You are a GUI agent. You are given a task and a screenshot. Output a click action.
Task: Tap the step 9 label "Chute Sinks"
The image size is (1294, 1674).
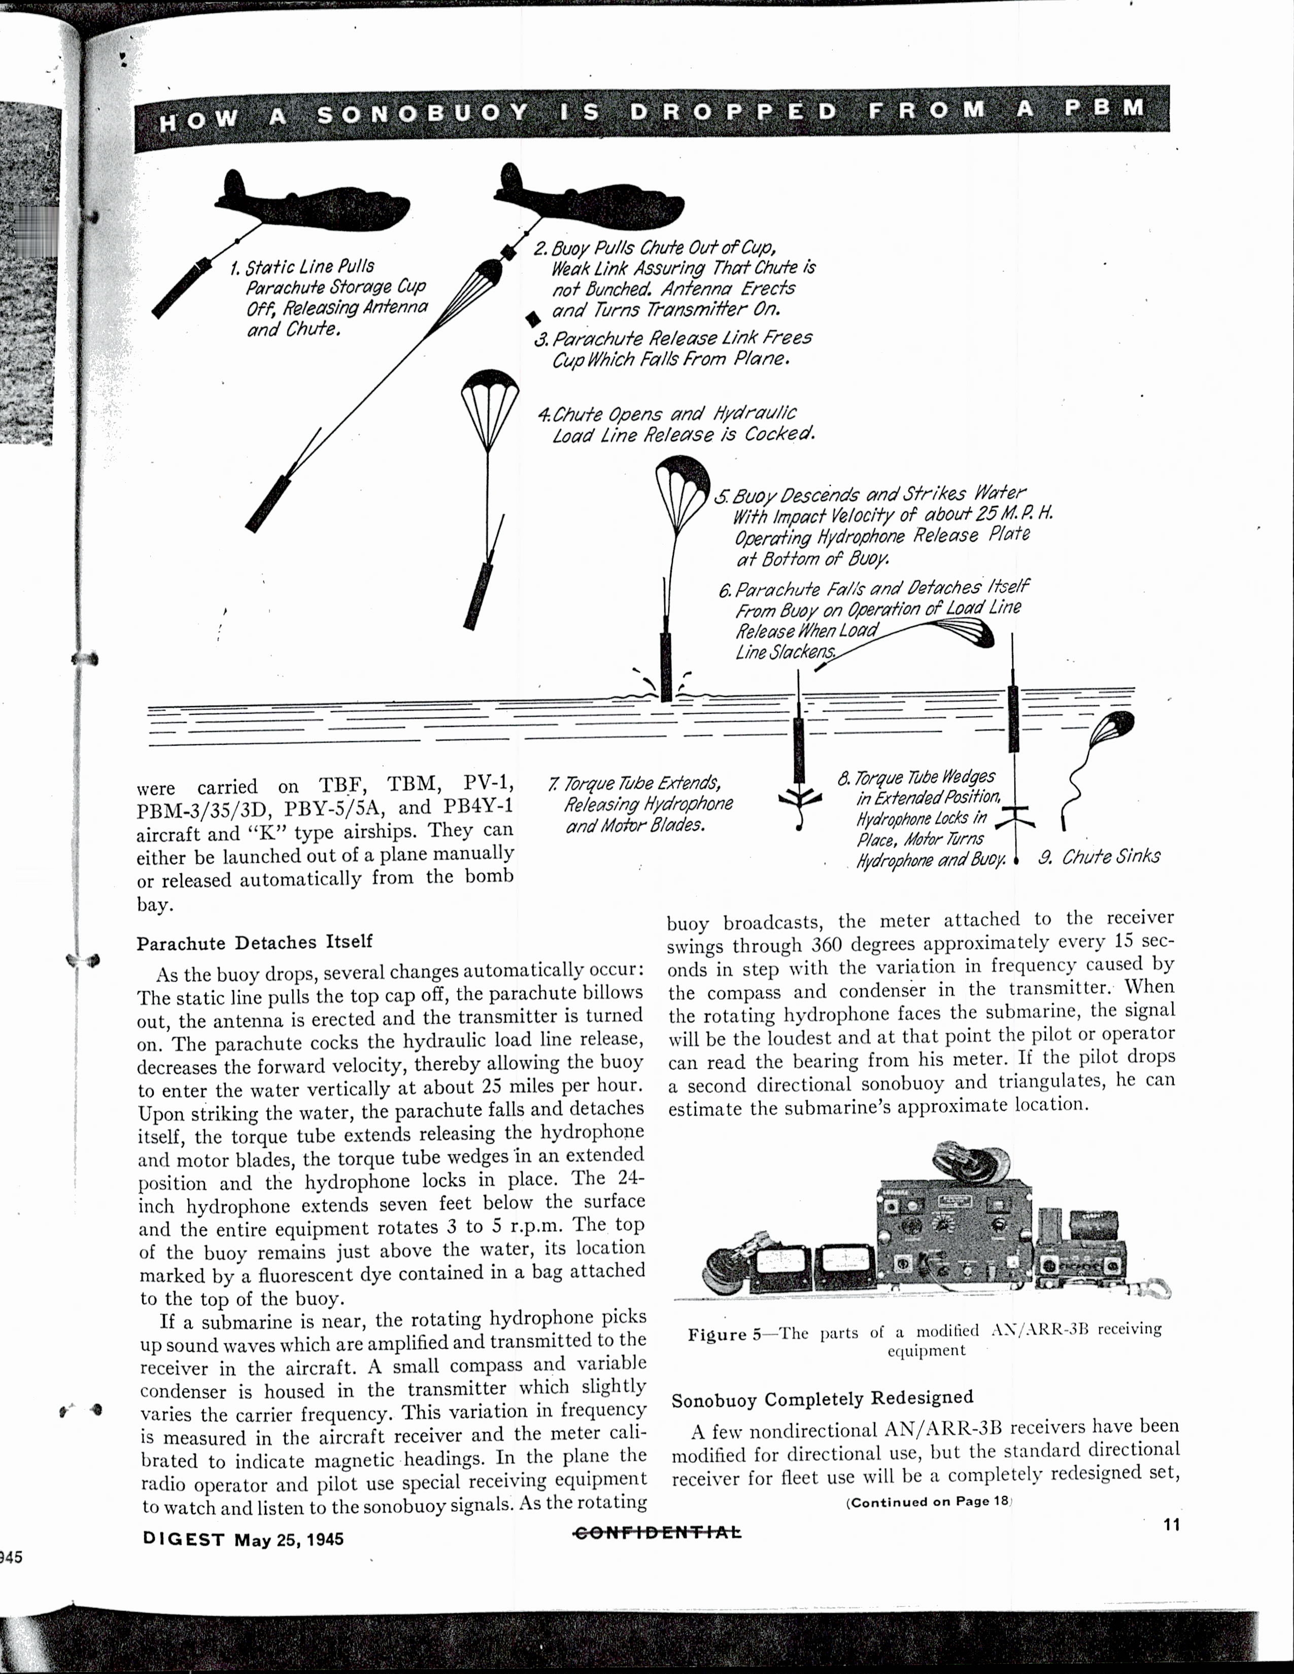coord(1110,856)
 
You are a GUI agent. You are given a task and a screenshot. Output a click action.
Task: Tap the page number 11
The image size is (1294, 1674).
coord(1171,1524)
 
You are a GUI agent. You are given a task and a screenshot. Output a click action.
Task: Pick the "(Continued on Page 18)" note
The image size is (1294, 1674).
coord(929,1501)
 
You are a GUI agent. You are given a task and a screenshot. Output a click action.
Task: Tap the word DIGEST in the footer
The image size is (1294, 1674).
coord(184,1539)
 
